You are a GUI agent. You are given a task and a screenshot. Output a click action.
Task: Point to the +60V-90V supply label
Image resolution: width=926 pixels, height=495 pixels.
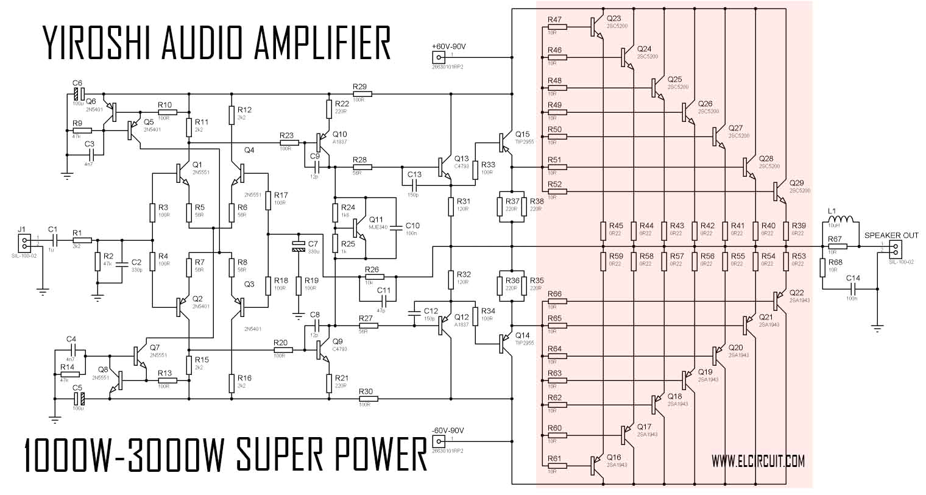[448, 46]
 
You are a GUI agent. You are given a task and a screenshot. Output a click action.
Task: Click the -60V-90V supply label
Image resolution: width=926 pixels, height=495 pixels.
[448, 430]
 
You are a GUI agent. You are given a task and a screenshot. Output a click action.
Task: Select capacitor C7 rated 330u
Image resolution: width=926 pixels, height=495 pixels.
[298, 246]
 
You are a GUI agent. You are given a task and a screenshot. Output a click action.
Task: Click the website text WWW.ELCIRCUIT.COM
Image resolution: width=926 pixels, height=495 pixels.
[758, 460]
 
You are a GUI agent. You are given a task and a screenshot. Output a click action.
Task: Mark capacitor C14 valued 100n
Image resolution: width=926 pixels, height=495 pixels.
[855, 287]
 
